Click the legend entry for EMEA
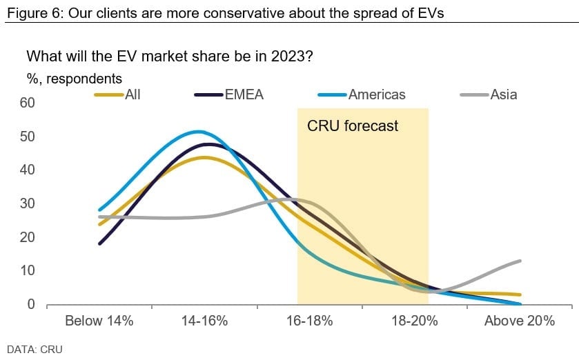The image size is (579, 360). point(244,94)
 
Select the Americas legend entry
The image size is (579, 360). point(377,94)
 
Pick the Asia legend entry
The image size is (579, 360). point(503,94)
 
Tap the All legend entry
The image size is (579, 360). point(133,94)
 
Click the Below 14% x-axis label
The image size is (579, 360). point(99,321)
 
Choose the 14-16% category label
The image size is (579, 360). point(206,321)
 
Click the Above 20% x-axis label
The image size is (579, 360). point(520,321)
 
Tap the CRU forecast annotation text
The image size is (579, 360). point(353,126)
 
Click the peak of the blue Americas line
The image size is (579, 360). point(199,131)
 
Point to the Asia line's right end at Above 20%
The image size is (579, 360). point(520,261)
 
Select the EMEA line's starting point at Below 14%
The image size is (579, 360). point(100,243)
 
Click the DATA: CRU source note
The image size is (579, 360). point(35,349)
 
